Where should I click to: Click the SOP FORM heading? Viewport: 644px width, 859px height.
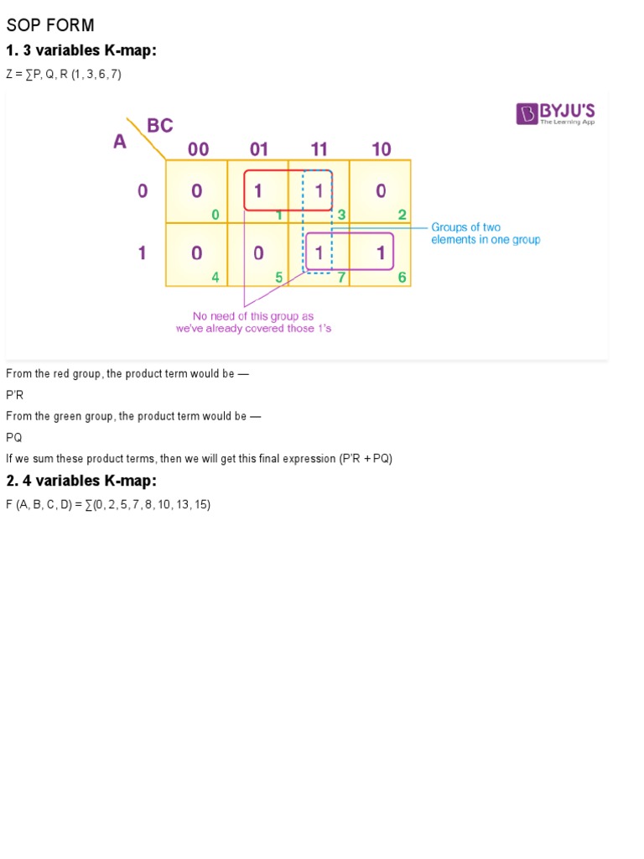[x=50, y=25]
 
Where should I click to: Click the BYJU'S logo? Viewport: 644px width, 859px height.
[x=555, y=113]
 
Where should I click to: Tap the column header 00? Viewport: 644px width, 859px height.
[x=199, y=149]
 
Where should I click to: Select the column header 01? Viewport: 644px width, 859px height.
[x=259, y=149]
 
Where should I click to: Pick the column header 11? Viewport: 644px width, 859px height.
[x=319, y=149]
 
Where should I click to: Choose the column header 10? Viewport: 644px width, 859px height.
[x=382, y=149]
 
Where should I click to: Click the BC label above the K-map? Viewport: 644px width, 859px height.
[x=160, y=126]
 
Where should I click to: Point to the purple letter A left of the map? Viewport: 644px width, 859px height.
[x=120, y=142]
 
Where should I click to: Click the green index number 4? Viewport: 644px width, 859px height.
[x=216, y=276]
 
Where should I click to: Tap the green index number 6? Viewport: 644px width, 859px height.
[x=402, y=276]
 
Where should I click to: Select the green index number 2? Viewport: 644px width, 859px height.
[x=402, y=215]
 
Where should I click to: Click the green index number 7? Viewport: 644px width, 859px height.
[x=342, y=276]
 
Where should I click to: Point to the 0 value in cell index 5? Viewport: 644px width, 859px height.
[x=258, y=252]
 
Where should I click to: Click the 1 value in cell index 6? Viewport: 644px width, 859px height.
[x=381, y=252]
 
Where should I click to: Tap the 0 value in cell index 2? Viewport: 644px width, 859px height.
[x=381, y=191]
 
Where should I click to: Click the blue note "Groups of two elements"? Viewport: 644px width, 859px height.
[x=486, y=233]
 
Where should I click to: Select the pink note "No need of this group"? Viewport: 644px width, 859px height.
[x=253, y=322]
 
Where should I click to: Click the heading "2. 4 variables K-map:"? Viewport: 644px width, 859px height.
[x=81, y=481]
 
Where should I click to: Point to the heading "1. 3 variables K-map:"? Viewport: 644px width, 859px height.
[x=81, y=51]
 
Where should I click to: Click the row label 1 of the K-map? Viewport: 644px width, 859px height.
[x=143, y=252]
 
